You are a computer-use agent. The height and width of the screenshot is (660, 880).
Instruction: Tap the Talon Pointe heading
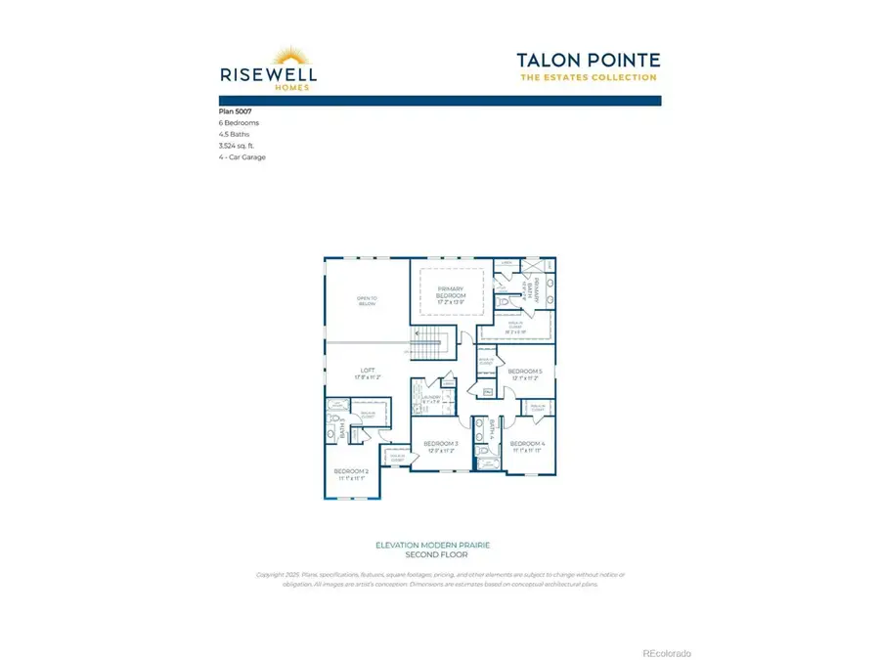(588, 61)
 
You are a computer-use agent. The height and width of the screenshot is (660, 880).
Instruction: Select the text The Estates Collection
(588, 78)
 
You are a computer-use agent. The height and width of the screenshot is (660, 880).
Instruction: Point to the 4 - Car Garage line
(242, 156)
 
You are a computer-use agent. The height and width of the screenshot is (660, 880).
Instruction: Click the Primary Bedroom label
(451, 292)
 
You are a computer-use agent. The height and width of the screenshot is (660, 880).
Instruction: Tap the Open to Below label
(367, 300)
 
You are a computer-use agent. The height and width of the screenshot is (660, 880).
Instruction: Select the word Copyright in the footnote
(271, 574)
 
